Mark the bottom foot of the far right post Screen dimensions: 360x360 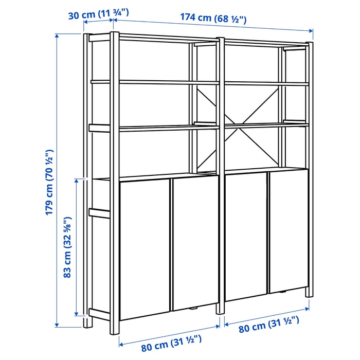[310, 294]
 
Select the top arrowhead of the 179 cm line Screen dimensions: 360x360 [57, 36]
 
